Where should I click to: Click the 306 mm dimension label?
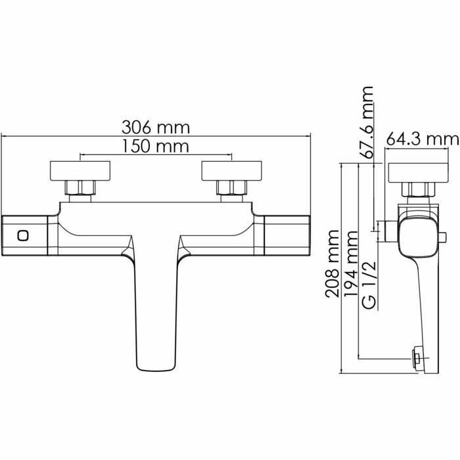(155, 126)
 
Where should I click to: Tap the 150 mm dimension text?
(155, 147)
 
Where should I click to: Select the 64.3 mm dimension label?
(421, 139)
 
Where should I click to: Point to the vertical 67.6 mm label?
(367, 122)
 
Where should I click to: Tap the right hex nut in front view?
(231, 190)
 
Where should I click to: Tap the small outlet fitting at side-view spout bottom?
(417, 358)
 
